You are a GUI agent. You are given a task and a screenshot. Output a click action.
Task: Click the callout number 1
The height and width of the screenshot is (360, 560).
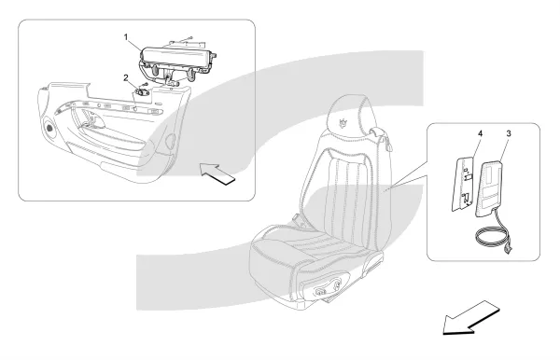126,36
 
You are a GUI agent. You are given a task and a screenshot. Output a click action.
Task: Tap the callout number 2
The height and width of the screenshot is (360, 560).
126,77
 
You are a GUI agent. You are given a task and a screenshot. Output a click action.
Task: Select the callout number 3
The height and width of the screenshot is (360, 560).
509,133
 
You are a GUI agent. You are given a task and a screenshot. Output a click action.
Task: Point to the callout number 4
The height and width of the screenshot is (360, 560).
481,133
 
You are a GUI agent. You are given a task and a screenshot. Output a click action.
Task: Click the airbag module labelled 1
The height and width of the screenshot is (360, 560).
176,64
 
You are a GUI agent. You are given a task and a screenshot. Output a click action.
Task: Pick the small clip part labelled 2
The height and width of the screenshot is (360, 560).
143,92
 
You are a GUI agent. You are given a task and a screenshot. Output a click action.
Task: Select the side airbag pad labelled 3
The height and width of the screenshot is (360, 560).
488,188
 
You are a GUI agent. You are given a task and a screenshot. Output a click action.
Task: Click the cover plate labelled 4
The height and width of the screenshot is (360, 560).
463,184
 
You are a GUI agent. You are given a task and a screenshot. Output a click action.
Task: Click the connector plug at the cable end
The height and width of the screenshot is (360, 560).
508,251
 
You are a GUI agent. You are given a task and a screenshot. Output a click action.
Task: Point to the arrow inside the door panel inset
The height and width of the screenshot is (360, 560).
217,173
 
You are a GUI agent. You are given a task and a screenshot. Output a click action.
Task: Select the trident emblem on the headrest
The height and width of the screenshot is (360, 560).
343,121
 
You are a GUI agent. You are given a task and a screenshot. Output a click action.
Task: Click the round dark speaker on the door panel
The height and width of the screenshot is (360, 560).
49,128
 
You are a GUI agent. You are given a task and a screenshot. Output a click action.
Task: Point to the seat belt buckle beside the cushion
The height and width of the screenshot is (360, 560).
296,218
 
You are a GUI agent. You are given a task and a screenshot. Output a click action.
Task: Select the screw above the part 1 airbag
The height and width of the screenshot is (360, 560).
190,37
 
